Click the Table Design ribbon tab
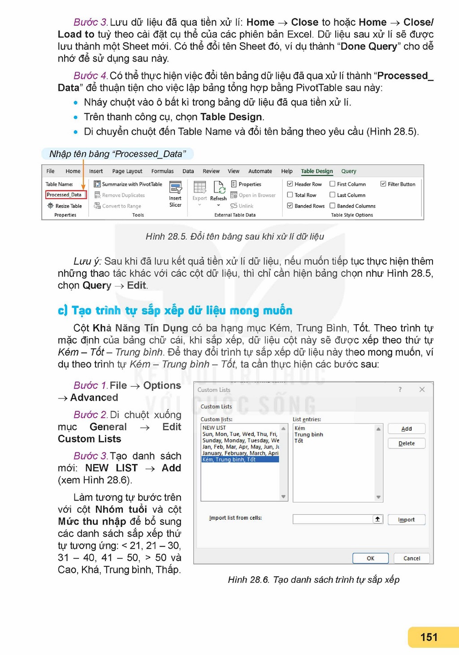pos(317,171)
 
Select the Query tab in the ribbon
pos(349,171)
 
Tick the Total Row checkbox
pos(290,195)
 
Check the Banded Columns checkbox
pos(332,206)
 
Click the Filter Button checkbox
pos(383,184)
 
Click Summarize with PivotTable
pos(128,184)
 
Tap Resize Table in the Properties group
pos(65,206)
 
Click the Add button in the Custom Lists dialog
pos(406,428)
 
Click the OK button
pos(370,558)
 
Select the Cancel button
pos(411,558)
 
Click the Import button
pos(406,520)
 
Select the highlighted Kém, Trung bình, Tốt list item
pos(240,459)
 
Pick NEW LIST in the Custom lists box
pos(214,428)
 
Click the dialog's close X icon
pos(422,390)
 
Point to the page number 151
pos(429,637)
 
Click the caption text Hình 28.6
pos(248,579)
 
